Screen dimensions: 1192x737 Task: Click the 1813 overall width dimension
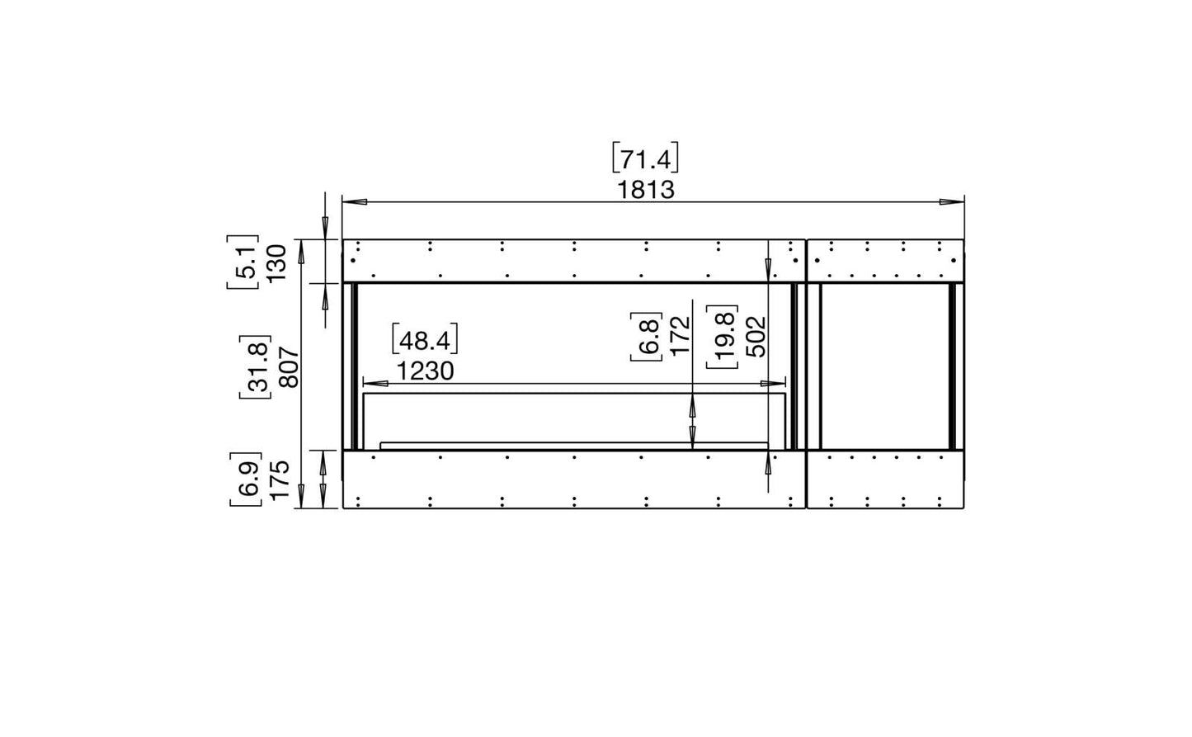(x=645, y=190)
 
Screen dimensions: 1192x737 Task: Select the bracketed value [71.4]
(x=645, y=158)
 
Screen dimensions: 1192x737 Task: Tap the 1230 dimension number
(x=425, y=371)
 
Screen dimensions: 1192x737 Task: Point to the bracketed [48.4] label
(x=425, y=338)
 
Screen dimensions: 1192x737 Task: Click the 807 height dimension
(x=290, y=367)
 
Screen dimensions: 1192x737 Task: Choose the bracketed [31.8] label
(x=256, y=367)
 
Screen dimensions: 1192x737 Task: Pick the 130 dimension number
(x=276, y=263)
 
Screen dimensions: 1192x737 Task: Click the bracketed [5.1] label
(x=243, y=262)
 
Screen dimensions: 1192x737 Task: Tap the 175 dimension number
(x=280, y=480)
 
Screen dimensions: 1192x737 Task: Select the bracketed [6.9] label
(x=247, y=480)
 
